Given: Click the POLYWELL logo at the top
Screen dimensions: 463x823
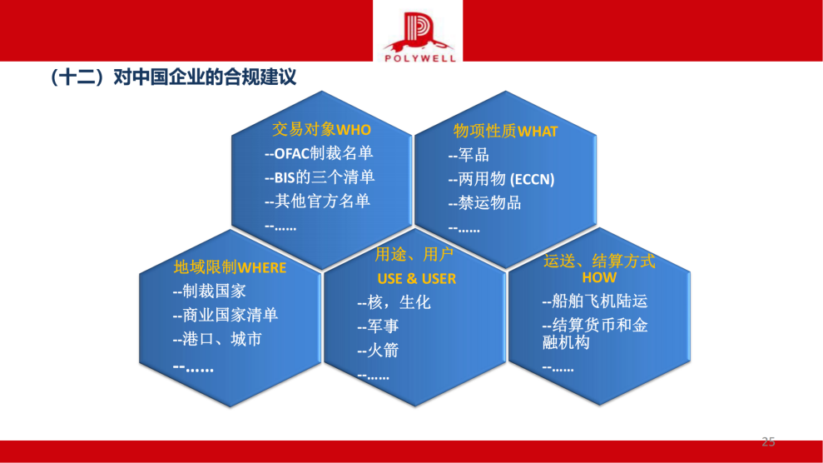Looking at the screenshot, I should click(x=418, y=33).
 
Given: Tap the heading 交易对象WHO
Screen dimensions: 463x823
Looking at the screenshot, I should click(x=321, y=130).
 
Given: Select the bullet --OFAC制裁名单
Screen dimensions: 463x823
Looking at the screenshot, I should click(x=318, y=153).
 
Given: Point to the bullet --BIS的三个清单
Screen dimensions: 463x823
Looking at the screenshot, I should click(x=319, y=177).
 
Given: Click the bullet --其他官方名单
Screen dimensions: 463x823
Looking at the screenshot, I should click(x=317, y=201).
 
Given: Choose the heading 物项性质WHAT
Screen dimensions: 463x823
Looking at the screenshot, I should click(x=505, y=131).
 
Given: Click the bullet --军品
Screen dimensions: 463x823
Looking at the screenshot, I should click(x=469, y=155).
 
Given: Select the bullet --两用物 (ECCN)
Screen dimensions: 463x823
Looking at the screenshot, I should click(x=501, y=179).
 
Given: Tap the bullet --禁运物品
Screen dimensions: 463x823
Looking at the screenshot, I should click(x=484, y=202).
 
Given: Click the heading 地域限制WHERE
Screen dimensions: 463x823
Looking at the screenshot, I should click(x=230, y=267).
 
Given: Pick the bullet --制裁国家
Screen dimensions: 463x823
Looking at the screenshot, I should click(x=209, y=291).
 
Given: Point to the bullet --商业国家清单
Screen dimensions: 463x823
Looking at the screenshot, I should click(x=226, y=315).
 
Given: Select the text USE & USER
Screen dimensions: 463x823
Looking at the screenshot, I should click(x=416, y=278).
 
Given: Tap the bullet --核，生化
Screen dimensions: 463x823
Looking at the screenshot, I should click(x=394, y=302).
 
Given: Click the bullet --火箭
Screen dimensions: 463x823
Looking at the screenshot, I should click(x=378, y=350).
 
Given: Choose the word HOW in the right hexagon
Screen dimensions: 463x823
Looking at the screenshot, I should click(x=599, y=277).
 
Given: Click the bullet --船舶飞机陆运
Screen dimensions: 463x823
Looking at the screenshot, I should click(x=594, y=301).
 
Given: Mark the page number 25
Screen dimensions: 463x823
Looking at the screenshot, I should click(x=768, y=441).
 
